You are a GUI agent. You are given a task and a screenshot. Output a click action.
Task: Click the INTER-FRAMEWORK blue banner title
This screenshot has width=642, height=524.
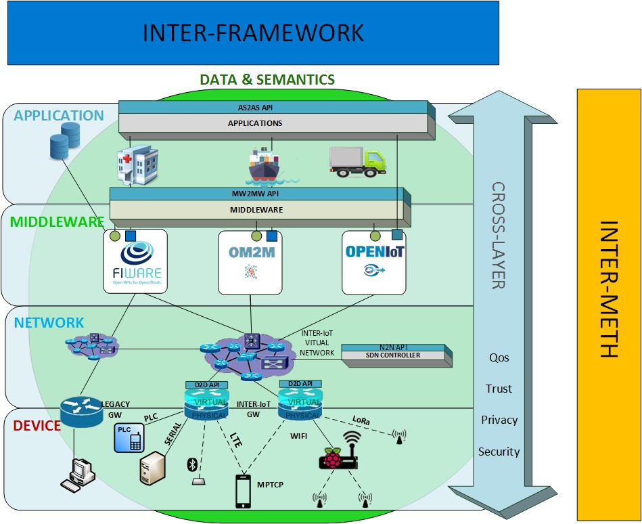coord(253,32)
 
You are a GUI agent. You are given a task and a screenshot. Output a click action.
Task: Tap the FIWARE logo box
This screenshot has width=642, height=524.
coord(136,262)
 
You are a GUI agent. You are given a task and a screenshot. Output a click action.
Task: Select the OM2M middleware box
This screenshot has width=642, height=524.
coord(250,262)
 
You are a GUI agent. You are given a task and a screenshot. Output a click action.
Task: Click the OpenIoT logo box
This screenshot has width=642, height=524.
coord(373,262)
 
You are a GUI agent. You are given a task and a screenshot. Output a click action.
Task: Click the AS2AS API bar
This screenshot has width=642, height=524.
coord(273,107)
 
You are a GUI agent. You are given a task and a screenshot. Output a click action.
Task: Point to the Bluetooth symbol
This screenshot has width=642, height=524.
coord(191,464)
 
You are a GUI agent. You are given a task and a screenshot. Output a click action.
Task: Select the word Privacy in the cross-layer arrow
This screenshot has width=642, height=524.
coord(499,420)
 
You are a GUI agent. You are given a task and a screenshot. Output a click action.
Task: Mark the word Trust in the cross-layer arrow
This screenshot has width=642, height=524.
coord(499,389)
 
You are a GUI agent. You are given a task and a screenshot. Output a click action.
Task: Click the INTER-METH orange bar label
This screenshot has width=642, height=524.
coord(608,289)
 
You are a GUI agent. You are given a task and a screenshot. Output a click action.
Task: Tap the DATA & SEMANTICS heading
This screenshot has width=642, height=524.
coord(267,80)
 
